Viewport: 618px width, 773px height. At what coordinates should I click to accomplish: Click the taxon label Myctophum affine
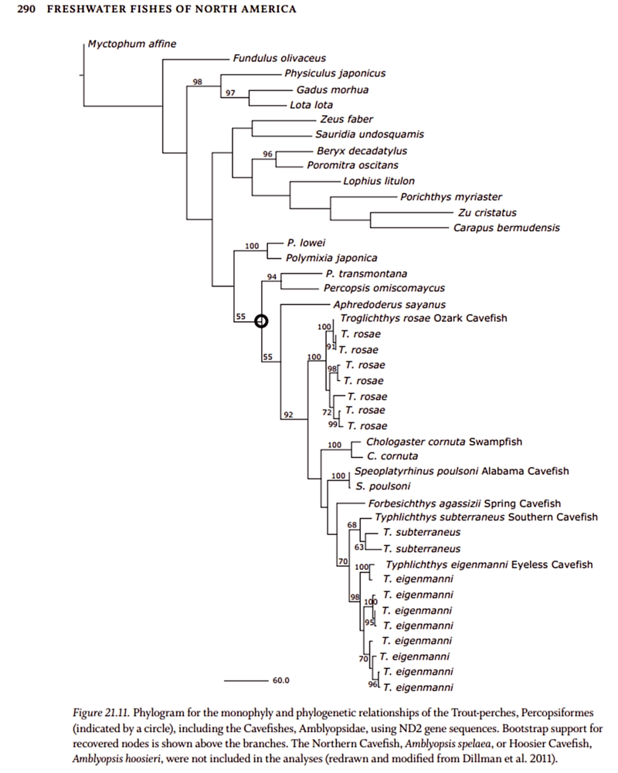pos(131,43)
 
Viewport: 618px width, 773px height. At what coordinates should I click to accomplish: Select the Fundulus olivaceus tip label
pos(280,58)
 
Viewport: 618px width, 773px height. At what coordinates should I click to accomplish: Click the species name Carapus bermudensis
pos(507,228)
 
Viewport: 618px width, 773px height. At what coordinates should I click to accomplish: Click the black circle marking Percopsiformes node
pos(261,321)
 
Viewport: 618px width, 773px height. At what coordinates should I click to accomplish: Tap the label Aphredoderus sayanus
pos(378,305)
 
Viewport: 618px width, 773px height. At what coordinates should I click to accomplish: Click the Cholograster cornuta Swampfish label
pos(444,442)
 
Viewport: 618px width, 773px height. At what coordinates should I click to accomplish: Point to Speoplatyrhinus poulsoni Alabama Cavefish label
pos(461,471)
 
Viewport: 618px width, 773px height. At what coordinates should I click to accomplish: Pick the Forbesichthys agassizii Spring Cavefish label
pos(459,503)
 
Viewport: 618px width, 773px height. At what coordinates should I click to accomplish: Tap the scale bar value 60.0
pos(280,681)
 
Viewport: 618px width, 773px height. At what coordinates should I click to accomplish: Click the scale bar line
pos(244,680)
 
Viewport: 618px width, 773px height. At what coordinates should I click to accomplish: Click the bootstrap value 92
pos(288,415)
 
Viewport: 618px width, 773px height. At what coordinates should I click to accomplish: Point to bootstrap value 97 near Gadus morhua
pos(230,93)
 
